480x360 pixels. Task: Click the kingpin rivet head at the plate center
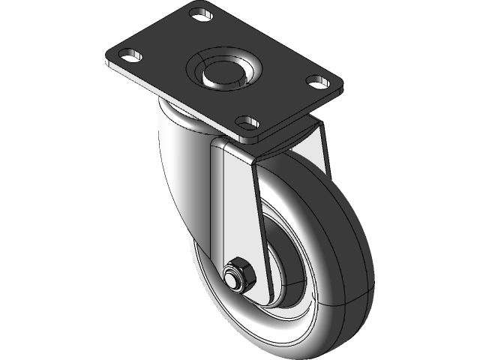223,73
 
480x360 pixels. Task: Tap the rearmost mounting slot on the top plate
199,13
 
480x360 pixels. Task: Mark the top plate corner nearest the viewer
251,140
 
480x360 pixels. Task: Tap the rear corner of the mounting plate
199,4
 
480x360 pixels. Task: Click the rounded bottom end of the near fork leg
244,296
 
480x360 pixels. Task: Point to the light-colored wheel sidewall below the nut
247,322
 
